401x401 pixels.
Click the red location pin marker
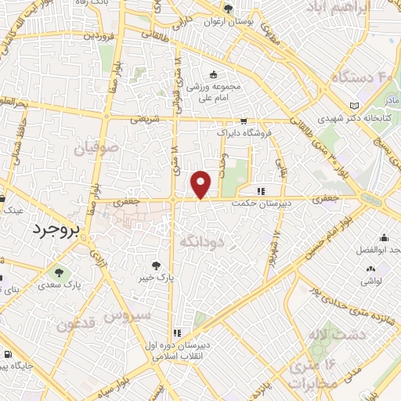pos(202,184)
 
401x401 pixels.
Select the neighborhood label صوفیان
pos(97,147)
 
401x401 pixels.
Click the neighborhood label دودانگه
pos(202,242)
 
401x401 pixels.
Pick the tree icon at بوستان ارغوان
pos(228,9)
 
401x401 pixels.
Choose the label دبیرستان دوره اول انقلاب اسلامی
pos(182,349)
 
